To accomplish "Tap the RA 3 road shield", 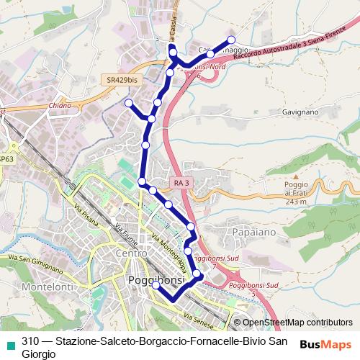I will (x=181, y=183).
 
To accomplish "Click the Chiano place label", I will (x=60, y=105).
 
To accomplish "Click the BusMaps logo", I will (x=325, y=344).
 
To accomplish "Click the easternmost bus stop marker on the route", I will (x=231, y=40).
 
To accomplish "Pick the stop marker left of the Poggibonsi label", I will (x=156, y=286).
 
